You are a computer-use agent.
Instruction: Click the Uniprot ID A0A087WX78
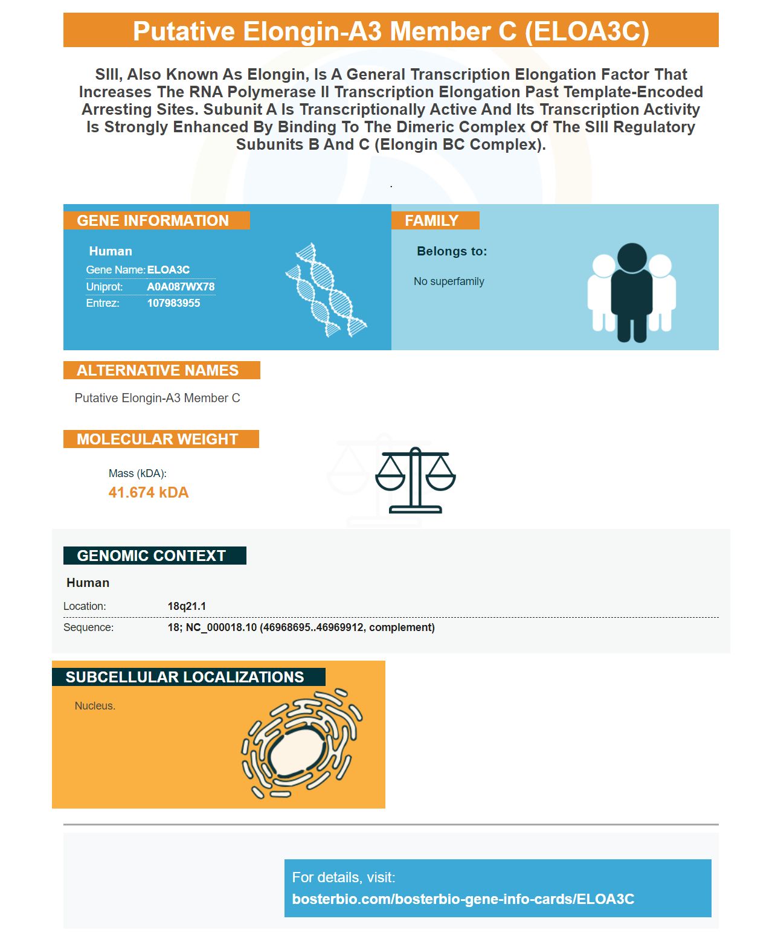coord(181,286)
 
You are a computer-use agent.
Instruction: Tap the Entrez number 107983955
coord(173,303)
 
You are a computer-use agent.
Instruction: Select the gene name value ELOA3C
coord(169,270)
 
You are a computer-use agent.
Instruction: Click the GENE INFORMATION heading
coord(153,220)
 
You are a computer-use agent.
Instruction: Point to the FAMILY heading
coord(431,220)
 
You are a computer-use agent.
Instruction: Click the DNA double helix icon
coord(326,290)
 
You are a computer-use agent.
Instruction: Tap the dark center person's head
coord(632,258)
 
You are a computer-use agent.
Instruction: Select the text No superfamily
coord(449,281)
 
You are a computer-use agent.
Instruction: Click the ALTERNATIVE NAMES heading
coord(158,370)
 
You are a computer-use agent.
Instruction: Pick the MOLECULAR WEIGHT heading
coord(157,439)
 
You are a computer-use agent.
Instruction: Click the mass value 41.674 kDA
coord(149,492)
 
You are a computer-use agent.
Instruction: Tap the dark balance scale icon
coord(416,480)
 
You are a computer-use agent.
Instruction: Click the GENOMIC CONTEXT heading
coord(151,556)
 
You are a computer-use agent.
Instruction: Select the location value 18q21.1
coord(187,606)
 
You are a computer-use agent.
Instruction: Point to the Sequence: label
coord(88,627)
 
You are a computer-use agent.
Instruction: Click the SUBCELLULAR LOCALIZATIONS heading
coord(184,677)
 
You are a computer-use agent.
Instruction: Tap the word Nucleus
coord(94,705)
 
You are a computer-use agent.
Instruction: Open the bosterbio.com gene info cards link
coord(463,899)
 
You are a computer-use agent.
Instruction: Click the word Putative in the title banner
coord(184,31)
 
